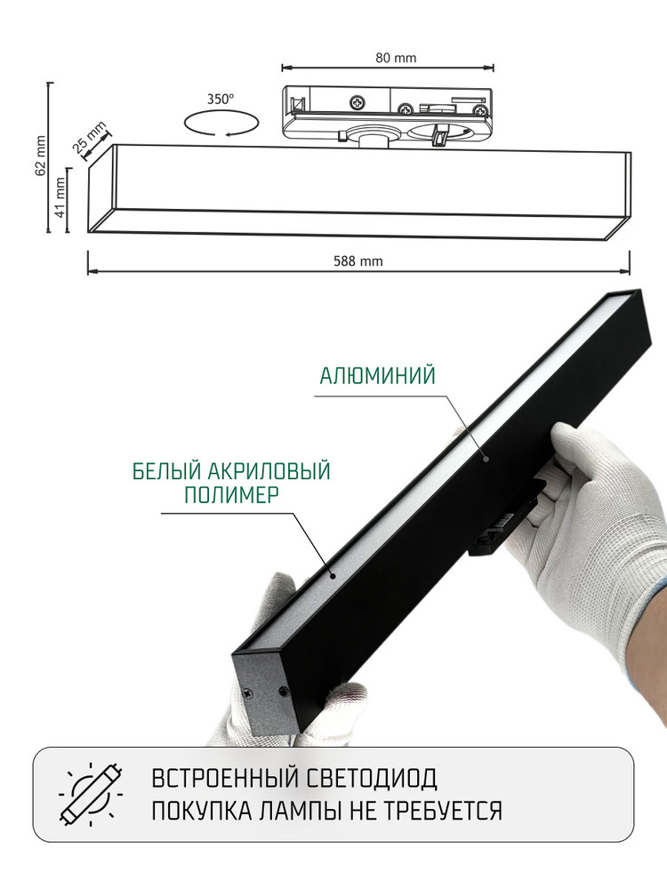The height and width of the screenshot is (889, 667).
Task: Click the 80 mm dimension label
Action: (x=396, y=59)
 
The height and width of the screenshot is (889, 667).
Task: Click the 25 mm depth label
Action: (x=90, y=138)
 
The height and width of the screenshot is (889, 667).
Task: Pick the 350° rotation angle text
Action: (x=221, y=100)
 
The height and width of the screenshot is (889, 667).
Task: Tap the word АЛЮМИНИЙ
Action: (x=378, y=376)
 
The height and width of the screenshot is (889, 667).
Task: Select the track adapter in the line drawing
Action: (x=388, y=113)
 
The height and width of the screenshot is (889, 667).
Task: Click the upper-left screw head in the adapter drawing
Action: (x=358, y=102)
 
